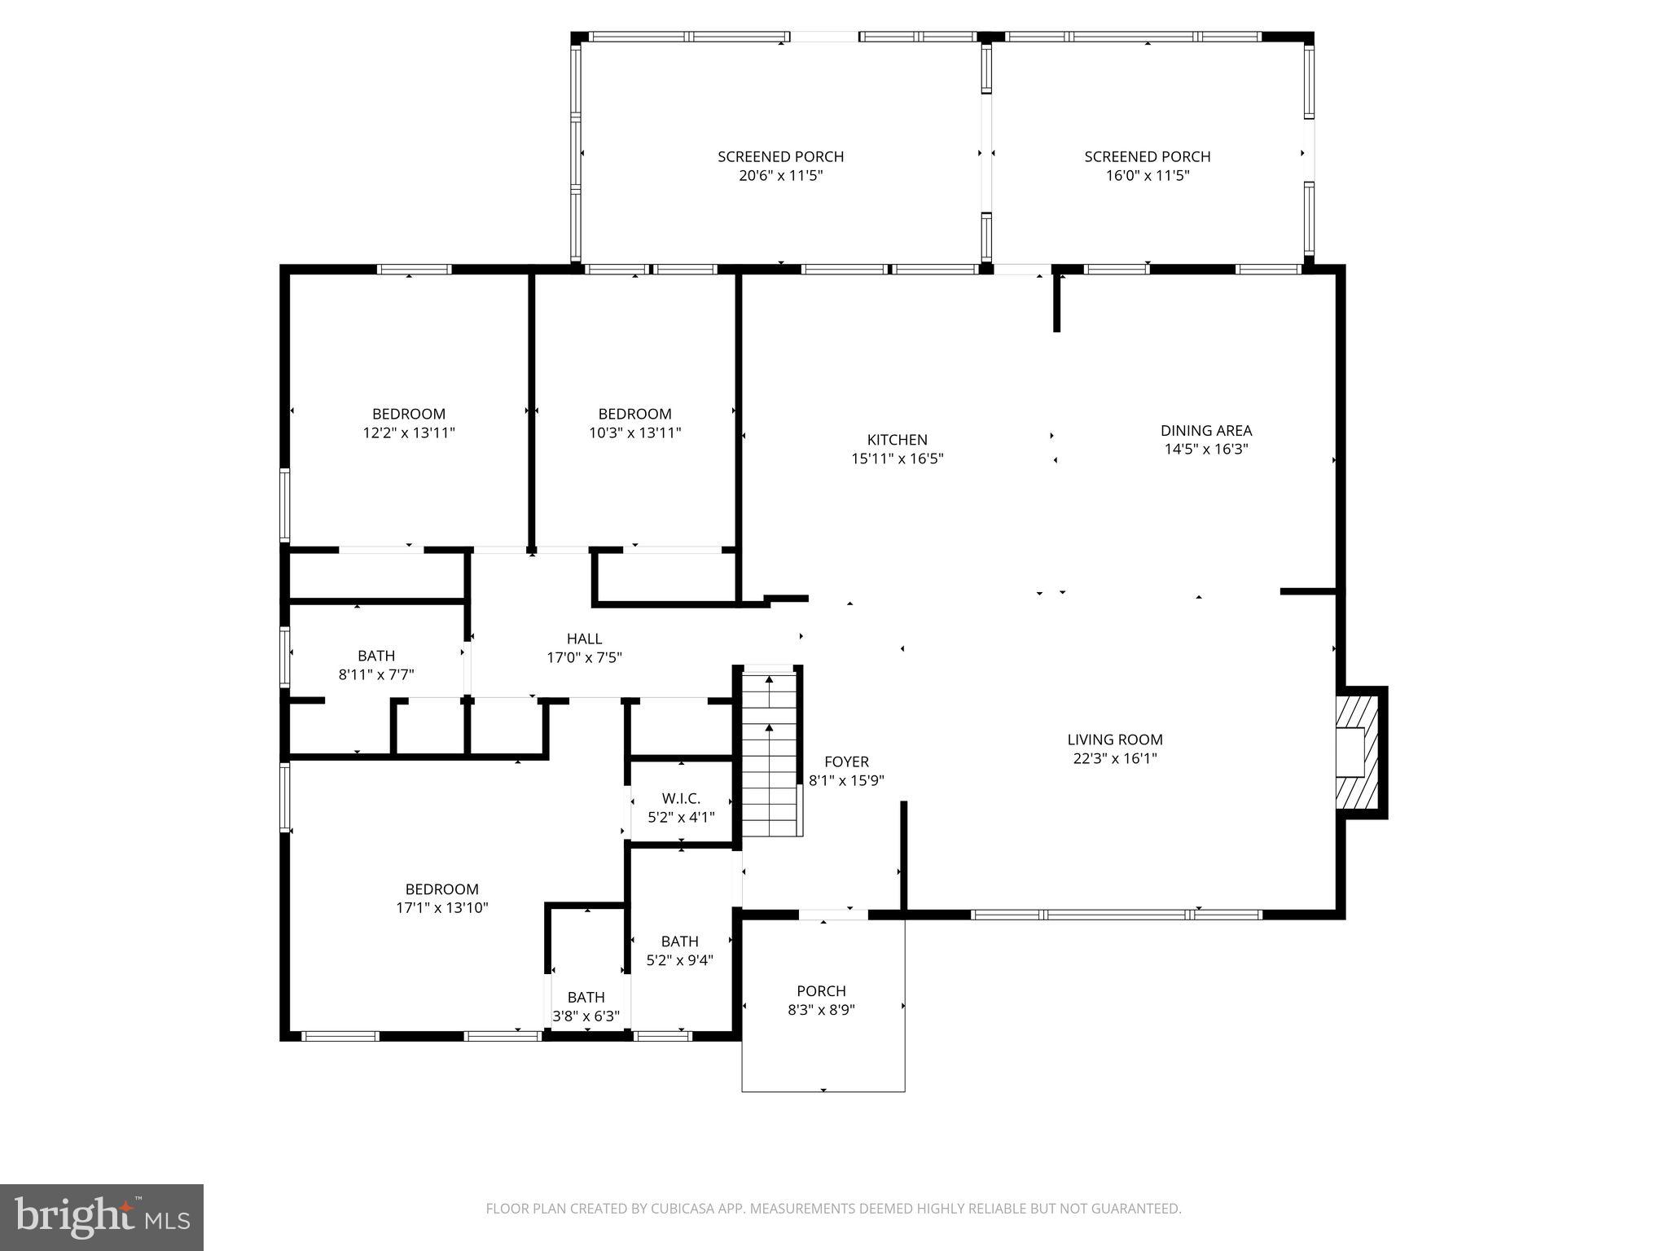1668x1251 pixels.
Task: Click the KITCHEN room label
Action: point(897,440)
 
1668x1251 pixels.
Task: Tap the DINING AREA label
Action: point(1205,430)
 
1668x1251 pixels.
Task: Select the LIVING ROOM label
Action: point(1114,740)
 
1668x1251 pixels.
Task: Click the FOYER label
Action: point(846,762)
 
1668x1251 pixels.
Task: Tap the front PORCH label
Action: point(821,991)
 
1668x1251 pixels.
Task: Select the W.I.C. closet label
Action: point(681,798)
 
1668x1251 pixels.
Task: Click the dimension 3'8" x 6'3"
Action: point(586,1016)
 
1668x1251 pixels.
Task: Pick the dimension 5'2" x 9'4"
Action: point(679,960)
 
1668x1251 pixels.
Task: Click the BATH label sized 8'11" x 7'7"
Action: point(376,656)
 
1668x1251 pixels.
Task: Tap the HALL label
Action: point(584,639)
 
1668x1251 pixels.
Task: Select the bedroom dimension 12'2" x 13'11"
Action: point(409,433)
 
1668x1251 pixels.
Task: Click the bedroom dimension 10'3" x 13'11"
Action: point(634,433)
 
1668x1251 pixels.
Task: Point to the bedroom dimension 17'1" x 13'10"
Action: point(442,908)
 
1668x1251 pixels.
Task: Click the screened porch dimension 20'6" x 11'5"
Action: point(780,176)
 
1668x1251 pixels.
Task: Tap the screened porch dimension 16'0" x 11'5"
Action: point(1147,176)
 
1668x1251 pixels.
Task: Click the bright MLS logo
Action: point(102,1218)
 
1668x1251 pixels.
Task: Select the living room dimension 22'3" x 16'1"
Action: point(1114,758)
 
